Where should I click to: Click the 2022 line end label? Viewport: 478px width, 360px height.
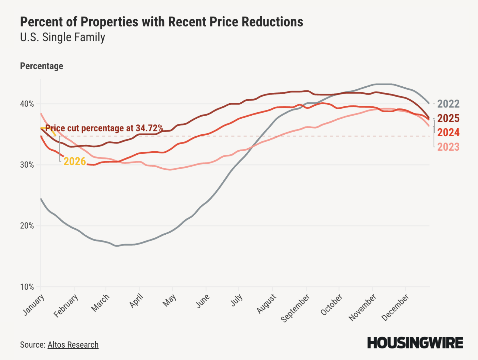pos(448,104)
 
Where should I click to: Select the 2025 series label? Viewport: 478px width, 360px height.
pos(448,118)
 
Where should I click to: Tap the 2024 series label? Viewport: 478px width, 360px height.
pos(448,133)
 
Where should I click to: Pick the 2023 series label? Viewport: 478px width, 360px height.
pos(448,147)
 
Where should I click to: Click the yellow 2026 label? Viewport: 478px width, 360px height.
pos(75,162)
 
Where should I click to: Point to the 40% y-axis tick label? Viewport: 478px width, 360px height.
pos(27,104)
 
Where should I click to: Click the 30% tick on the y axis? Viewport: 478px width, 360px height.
pos(27,165)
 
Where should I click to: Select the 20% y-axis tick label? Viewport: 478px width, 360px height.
pos(27,226)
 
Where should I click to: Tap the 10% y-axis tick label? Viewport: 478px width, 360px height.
pos(27,287)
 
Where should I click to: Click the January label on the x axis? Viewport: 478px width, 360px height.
pos(34,305)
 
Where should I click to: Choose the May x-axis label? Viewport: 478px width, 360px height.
pos(169,301)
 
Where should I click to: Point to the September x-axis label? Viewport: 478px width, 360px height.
pos(295,308)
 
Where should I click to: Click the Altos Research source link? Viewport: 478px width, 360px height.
pos(73,345)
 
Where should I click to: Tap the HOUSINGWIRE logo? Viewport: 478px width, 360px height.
pos(415,343)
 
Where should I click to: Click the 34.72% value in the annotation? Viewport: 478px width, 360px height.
pos(149,128)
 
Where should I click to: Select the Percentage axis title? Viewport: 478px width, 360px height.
pos(42,66)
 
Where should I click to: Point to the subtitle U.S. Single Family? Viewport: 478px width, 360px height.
pos(62,37)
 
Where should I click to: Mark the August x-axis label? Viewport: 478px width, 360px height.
pos(266,304)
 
